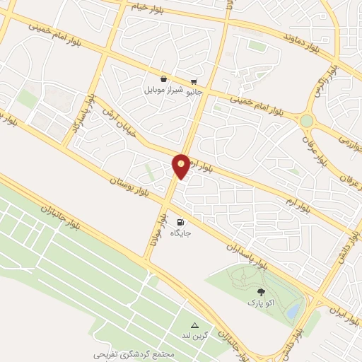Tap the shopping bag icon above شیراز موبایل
(164, 79)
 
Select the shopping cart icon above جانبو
(194, 81)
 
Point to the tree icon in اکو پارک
(262, 291)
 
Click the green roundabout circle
(306, 121)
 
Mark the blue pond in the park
(292, 310)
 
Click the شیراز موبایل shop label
(164, 90)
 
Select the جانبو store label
(194, 91)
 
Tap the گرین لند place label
(196, 335)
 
